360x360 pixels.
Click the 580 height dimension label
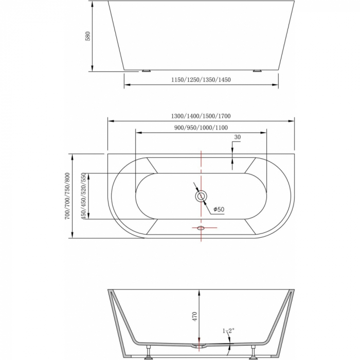[x=87, y=36]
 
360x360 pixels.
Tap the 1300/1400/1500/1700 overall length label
[x=201, y=116]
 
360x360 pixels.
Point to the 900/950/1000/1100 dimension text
[x=201, y=128]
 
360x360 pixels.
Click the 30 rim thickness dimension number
[x=237, y=137]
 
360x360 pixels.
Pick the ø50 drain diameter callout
[x=219, y=209]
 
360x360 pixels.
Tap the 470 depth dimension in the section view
[x=194, y=316]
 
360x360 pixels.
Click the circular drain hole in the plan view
[x=201, y=196]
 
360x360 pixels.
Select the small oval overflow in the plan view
[x=201, y=227]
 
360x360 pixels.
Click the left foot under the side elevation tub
[x=147, y=70]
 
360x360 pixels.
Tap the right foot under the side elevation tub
[x=257, y=70]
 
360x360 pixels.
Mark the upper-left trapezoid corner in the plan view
[x=152, y=165]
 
